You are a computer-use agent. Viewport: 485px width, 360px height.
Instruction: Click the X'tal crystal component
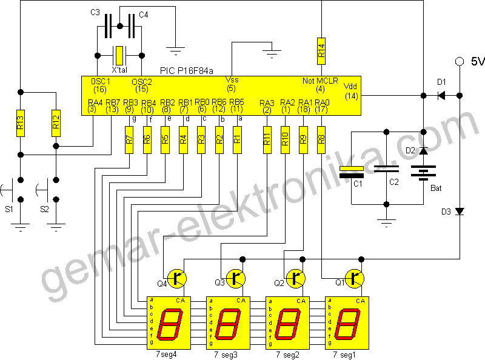[x=120, y=56]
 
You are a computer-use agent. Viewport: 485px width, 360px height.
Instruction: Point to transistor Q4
[x=176, y=278]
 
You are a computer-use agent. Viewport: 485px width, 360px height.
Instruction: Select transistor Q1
[x=355, y=278]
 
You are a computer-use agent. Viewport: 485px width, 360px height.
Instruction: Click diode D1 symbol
[x=441, y=95]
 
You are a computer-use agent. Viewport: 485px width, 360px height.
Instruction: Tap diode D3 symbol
[x=460, y=212]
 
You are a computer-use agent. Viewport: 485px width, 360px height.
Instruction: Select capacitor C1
[x=352, y=176]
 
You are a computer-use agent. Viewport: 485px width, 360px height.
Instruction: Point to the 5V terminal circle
[x=460, y=61]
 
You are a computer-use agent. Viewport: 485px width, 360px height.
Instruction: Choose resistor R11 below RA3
[x=266, y=140]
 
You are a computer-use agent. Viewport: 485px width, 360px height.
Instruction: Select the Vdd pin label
[x=350, y=85]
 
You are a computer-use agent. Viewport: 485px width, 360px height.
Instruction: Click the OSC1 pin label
[x=100, y=81]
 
